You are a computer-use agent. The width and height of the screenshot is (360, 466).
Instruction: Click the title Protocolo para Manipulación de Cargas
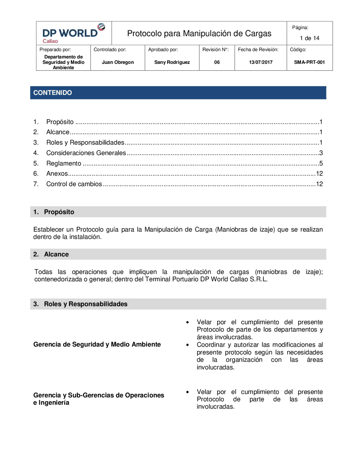(x=199, y=33)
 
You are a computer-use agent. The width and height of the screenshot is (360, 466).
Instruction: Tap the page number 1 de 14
(x=309, y=38)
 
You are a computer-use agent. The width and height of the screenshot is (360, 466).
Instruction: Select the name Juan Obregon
(x=118, y=62)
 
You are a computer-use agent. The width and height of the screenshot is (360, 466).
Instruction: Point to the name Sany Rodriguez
(x=172, y=62)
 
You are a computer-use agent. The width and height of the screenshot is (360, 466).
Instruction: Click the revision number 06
(x=217, y=62)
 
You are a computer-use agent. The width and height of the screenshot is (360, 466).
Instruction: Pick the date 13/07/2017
(x=260, y=62)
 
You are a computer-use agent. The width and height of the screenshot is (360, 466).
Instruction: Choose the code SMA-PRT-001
(x=309, y=62)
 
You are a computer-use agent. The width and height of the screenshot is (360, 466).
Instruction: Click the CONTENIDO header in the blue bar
(x=53, y=93)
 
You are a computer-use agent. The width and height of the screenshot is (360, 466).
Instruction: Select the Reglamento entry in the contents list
(x=64, y=163)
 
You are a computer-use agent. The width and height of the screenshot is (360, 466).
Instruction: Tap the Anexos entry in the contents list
(x=57, y=174)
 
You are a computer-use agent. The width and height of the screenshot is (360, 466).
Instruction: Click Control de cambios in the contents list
(x=74, y=184)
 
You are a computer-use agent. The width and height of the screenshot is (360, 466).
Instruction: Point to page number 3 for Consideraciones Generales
(x=321, y=153)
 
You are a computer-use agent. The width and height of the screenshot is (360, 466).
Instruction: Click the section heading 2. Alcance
(x=56, y=254)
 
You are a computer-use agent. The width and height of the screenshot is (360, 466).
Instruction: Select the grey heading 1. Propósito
(x=59, y=212)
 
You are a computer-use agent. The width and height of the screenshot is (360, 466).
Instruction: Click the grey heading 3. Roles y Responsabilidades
(x=85, y=304)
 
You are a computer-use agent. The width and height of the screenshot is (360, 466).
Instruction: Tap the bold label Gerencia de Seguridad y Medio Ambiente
(x=97, y=344)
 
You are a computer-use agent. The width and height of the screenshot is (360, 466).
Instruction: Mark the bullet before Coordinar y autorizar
(x=188, y=345)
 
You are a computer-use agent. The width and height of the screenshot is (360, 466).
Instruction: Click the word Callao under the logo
(x=50, y=41)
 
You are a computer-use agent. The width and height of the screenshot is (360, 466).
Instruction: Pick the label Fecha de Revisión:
(x=258, y=50)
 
